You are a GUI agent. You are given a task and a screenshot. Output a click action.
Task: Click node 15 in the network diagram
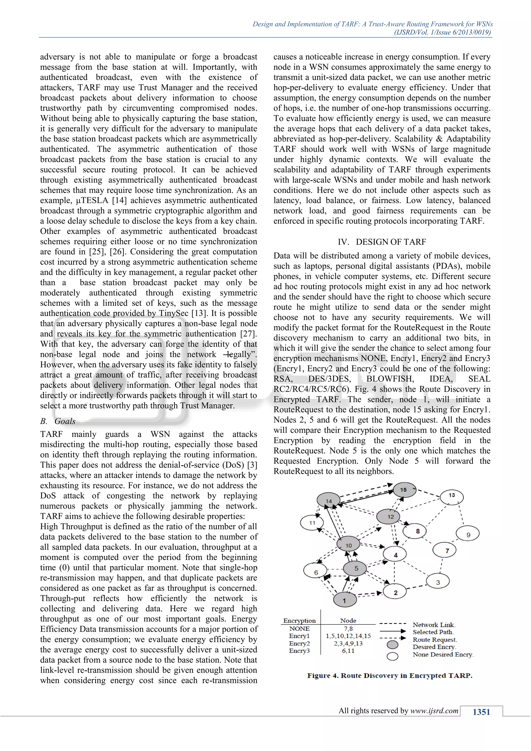[404, 490]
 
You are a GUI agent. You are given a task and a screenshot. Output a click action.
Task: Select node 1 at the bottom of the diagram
[345, 600]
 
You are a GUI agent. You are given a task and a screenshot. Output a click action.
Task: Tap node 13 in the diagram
[452, 495]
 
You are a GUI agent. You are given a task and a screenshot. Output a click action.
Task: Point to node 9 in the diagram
[468, 534]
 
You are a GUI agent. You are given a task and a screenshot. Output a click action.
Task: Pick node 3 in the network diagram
[438, 582]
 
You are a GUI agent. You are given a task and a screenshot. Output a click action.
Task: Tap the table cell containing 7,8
[348, 628]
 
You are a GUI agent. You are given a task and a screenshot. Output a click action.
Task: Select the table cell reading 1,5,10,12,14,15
[348, 636]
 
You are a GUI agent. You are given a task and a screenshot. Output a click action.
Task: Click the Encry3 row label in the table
[299, 651]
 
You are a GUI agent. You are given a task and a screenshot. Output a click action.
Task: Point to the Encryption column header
[299, 621]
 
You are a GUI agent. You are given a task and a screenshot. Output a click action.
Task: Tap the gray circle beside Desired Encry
[392, 644]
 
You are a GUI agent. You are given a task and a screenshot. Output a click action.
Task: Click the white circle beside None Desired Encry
[392, 656]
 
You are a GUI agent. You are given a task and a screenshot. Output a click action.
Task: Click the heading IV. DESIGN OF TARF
[382, 242]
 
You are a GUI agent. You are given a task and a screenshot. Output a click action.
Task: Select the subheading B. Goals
[58, 421]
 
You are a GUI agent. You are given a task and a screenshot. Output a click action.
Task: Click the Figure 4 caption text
[389, 676]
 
